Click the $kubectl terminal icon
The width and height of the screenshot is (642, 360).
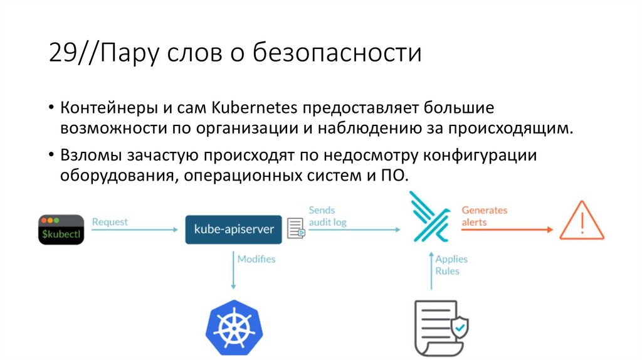coord(61,230)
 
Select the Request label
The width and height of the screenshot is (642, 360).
coord(110,221)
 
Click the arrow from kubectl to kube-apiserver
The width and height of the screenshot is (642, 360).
coord(135,230)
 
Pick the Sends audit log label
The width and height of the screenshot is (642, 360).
coord(327,216)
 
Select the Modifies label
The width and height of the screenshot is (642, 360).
coord(256,258)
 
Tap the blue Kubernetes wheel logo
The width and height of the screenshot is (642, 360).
coord(233,327)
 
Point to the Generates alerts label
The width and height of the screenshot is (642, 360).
coord(484,216)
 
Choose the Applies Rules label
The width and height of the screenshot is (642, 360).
coord(451,265)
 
